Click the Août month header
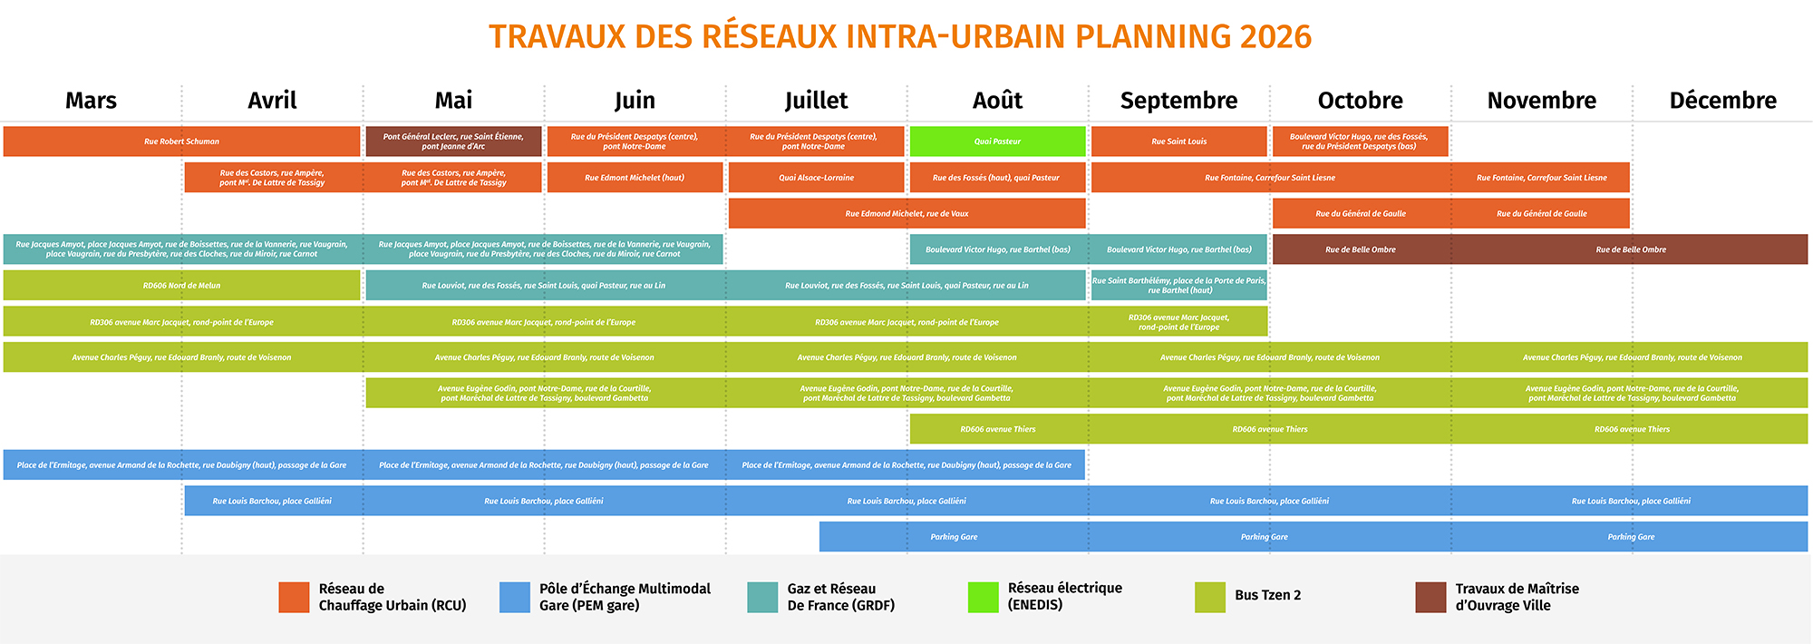997,101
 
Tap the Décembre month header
1722,101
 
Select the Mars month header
91,101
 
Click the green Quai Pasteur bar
997,141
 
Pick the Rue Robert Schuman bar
181,141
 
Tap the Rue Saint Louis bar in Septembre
1178,141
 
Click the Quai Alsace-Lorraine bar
816,178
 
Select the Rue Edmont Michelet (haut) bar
635,178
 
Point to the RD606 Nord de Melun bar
181,286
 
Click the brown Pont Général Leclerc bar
453,141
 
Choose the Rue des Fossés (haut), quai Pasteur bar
996,178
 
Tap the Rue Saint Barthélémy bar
1178,286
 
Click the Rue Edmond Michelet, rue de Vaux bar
906,214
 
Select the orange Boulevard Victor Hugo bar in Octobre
1360,141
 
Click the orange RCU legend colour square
294,597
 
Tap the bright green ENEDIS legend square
983,597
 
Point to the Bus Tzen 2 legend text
1267,596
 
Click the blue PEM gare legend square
514,597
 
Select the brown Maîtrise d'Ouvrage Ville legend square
1430,597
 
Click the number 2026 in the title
1275,37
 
